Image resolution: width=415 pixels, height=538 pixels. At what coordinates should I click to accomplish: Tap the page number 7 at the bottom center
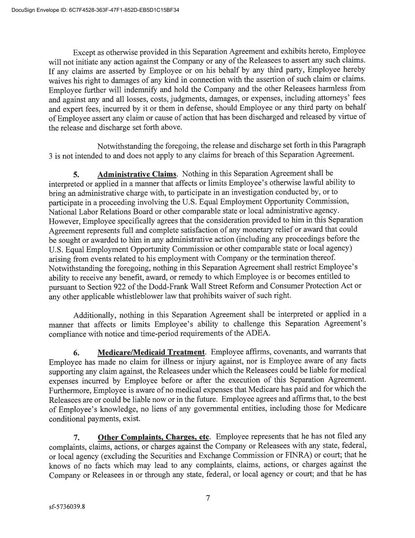tap(208, 498)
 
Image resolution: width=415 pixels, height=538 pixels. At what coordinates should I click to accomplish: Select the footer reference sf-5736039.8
tap(67, 506)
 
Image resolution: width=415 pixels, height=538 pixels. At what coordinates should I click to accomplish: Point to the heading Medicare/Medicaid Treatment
tap(151, 352)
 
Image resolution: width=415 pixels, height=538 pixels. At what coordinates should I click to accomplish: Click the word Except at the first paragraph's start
tap(85, 52)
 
